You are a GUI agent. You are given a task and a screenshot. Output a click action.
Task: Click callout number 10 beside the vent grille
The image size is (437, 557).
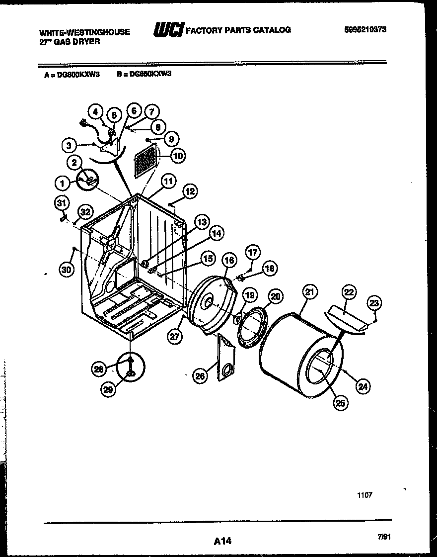(x=177, y=156)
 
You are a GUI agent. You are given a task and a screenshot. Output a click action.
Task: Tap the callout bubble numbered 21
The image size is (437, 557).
(x=310, y=293)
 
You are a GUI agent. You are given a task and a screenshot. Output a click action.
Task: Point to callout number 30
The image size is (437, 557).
(x=66, y=269)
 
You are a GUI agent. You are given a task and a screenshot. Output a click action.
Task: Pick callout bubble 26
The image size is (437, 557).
(x=200, y=376)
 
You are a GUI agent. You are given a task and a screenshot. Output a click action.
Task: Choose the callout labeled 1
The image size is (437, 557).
(x=63, y=184)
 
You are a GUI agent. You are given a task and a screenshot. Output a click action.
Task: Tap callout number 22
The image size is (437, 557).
(x=349, y=292)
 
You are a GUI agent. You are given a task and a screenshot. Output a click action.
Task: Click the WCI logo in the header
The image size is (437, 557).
(x=168, y=30)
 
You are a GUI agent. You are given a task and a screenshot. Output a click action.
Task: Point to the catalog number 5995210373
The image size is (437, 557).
(x=365, y=29)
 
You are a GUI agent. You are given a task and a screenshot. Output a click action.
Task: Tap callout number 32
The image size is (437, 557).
(x=85, y=212)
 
